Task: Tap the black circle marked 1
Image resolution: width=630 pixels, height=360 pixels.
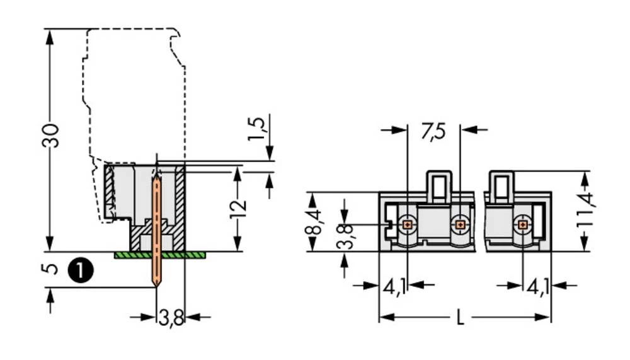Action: (78, 270)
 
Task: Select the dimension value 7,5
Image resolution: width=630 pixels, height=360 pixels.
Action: (433, 132)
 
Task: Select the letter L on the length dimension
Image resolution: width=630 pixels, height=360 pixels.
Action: (460, 318)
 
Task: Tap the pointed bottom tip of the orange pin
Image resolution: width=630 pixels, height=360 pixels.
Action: (156, 284)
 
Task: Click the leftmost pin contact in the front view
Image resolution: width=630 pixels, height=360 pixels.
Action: (408, 224)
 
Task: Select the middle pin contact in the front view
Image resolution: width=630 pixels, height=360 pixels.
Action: (461, 224)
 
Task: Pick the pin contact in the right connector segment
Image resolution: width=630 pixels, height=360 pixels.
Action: (522, 224)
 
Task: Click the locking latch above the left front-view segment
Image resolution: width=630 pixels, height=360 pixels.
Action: (439, 186)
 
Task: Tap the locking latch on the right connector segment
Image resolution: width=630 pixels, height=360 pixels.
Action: (502, 186)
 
